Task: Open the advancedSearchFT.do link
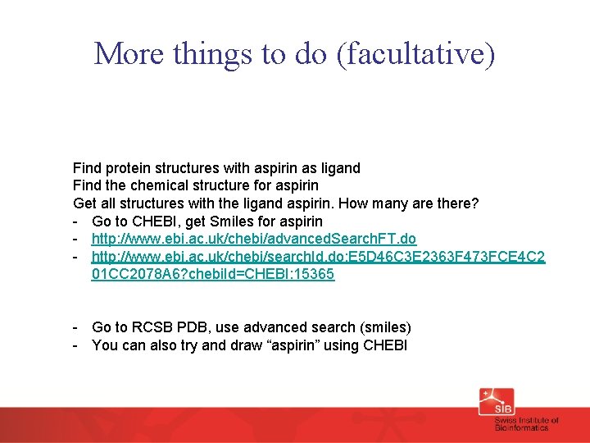(254, 239)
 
